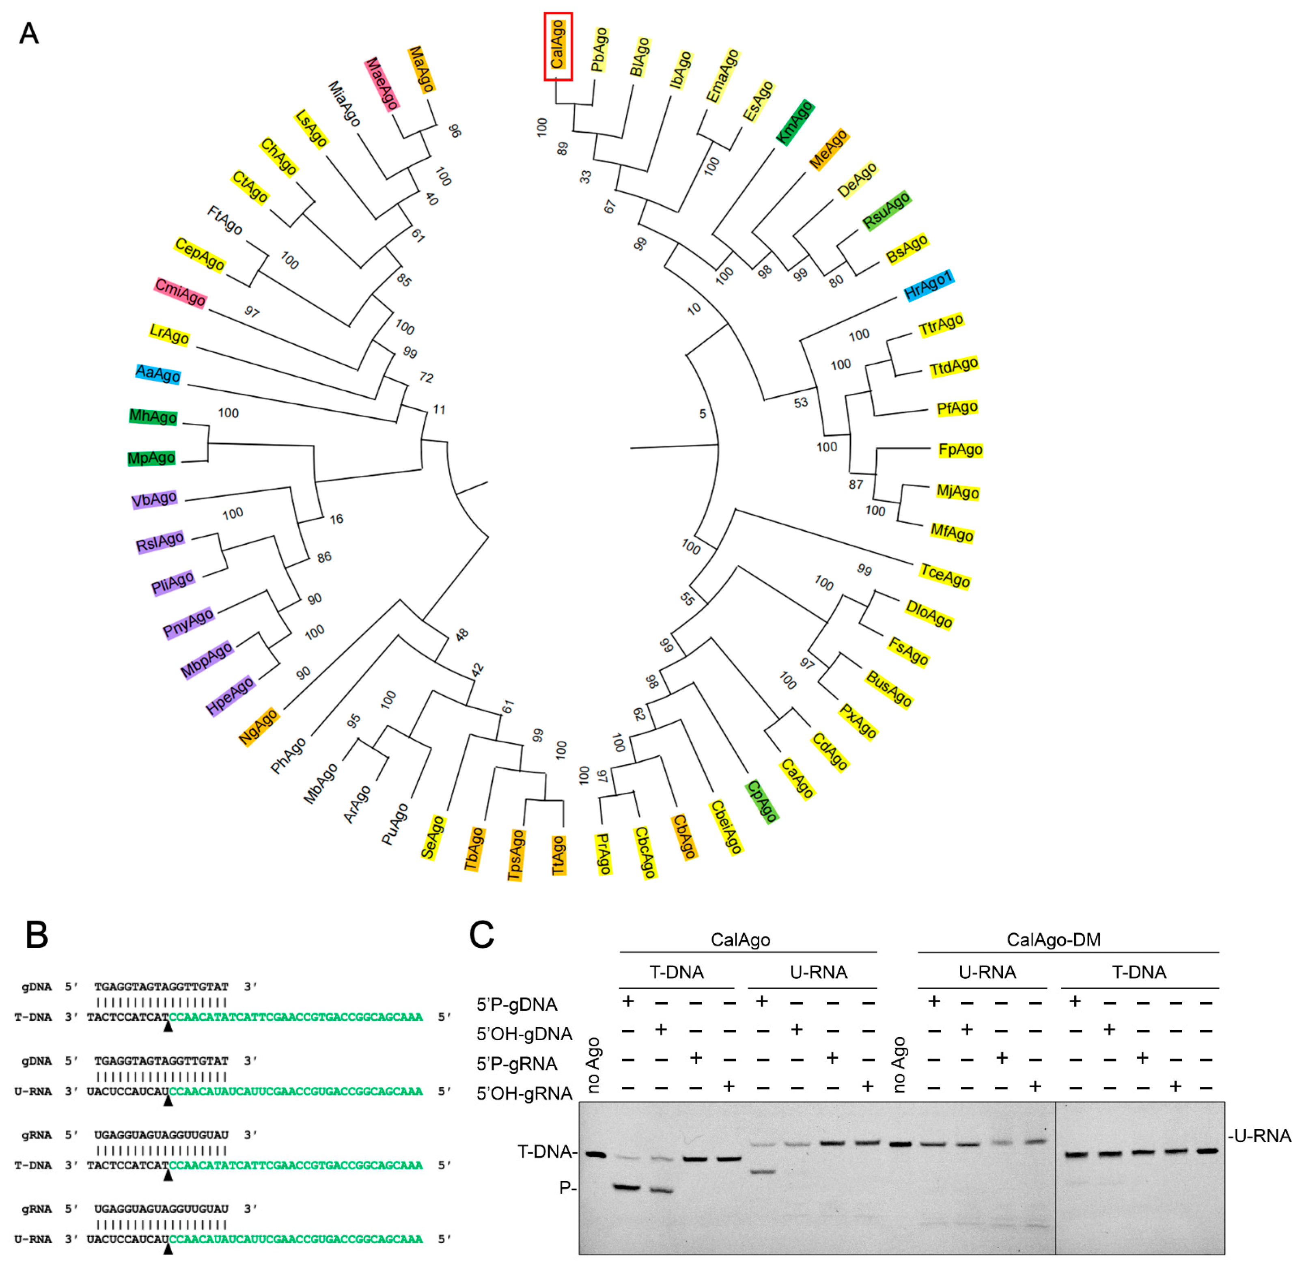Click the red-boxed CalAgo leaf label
click(557, 45)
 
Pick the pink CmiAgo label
click(180, 292)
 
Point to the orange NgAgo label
click(259, 727)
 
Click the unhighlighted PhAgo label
click(289, 755)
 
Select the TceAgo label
click(944, 576)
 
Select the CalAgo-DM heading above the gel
click(1053, 940)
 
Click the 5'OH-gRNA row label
click(524, 1093)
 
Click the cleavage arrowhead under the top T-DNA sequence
click(168, 1028)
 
